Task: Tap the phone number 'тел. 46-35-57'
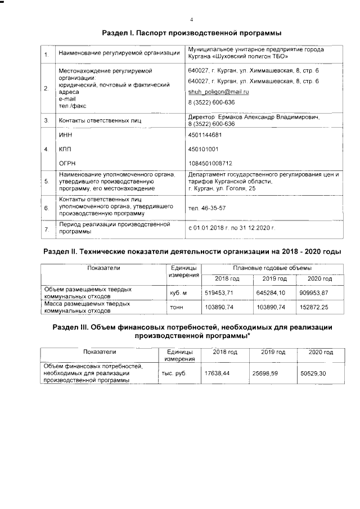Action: click(203, 208)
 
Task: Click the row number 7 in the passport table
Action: click(46, 230)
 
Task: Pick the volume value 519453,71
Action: click(219, 293)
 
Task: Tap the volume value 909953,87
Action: click(314, 293)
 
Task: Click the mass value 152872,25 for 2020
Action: click(314, 307)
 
